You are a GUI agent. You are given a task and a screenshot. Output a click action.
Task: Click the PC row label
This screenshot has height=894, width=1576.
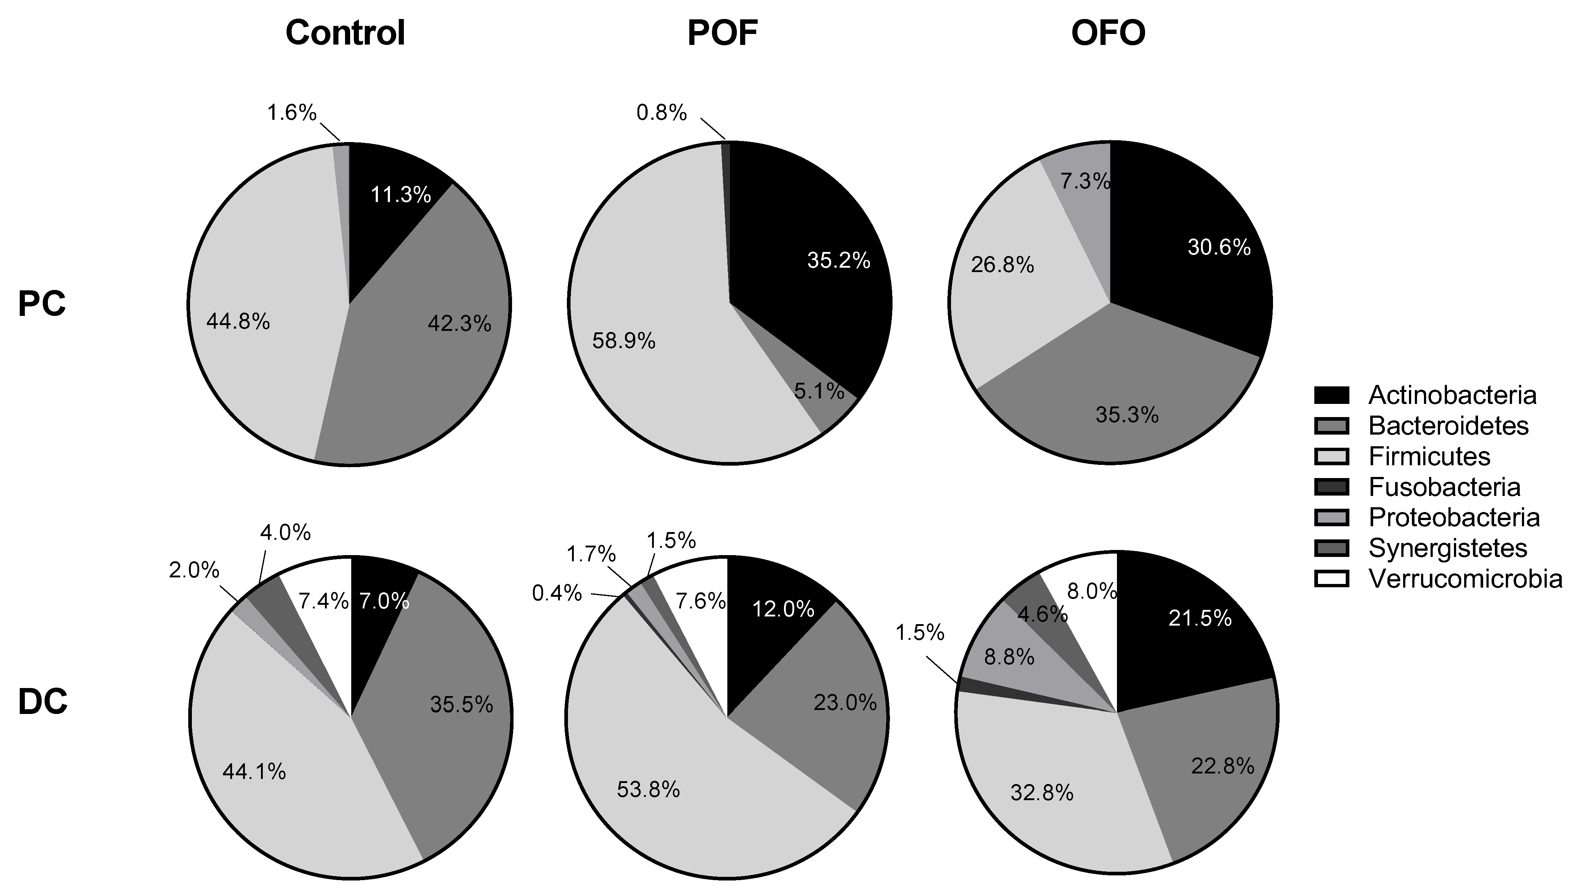tap(42, 304)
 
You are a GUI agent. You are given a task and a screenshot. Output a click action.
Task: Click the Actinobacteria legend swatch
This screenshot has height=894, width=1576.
tap(1331, 395)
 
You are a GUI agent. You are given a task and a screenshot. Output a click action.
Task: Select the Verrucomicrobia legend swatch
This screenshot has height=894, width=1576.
tap(1331, 578)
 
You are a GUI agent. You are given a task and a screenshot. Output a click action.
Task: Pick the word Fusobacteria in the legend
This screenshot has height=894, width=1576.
tap(1444, 487)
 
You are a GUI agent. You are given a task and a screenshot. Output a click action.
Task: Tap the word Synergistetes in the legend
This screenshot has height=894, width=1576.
tap(1448, 548)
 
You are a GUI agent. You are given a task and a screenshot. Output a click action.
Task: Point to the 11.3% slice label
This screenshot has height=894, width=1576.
tap(401, 195)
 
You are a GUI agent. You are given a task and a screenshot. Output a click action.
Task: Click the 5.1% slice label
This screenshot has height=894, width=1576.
tap(819, 391)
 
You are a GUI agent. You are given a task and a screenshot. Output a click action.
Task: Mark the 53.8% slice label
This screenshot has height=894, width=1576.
tap(648, 789)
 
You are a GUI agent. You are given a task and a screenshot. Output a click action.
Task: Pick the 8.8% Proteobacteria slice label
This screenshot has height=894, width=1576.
tap(1009, 657)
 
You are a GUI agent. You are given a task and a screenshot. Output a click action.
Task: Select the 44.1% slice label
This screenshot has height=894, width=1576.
tap(254, 771)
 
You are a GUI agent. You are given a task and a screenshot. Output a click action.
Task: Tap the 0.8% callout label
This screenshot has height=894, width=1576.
tap(661, 112)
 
